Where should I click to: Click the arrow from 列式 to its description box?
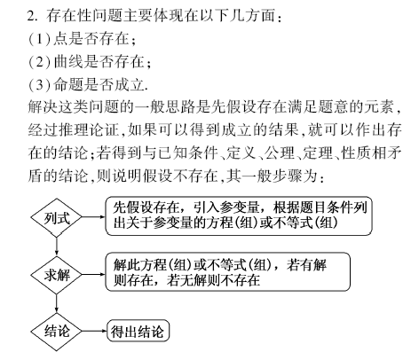coord(93,216)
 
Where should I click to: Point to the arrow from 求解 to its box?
coord(93,274)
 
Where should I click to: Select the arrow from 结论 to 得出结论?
coord(94,331)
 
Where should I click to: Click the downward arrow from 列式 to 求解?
coord(56,246)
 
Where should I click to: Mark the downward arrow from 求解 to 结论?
coord(56,303)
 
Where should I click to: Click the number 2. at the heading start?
coord(32,16)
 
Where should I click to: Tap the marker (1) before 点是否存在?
coord(39,39)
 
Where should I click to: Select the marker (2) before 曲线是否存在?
coord(39,62)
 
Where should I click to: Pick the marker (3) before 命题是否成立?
coord(39,85)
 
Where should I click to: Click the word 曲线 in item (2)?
coord(68,62)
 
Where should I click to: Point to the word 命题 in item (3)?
coord(68,85)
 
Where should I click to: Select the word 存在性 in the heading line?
coord(68,16)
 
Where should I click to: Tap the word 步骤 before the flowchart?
coord(287,176)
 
